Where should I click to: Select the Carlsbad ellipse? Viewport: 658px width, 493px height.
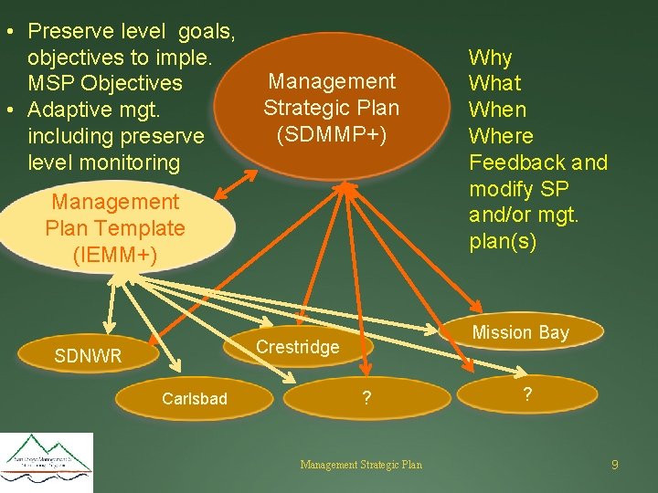coord(195,398)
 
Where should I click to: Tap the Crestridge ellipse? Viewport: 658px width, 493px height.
coord(297,346)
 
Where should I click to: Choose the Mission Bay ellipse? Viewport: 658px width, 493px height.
coord(520,333)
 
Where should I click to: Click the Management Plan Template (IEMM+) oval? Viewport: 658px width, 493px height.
coord(116,228)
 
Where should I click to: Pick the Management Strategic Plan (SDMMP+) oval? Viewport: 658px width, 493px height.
coord(331,108)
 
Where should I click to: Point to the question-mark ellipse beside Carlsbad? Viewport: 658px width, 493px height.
coord(366,398)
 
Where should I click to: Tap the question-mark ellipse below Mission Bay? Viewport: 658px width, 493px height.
coord(525,394)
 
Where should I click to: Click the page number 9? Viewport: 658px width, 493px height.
coord(615,465)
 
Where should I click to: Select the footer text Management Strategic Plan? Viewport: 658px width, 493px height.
coord(361,465)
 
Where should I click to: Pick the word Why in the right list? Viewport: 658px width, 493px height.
coord(490,57)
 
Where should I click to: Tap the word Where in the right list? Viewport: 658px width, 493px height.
coord(501,136)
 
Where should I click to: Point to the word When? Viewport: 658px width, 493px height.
coord(497,110)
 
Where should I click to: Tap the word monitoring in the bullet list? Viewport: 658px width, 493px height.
coord(128,163)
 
